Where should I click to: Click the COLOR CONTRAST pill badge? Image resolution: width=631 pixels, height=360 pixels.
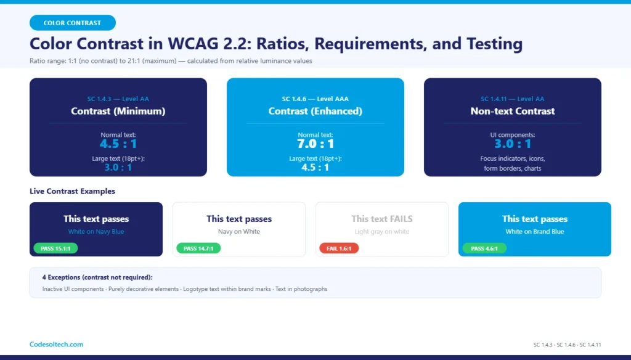point(72,23)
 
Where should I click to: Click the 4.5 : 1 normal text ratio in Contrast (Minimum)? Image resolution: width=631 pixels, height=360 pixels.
point(118,144)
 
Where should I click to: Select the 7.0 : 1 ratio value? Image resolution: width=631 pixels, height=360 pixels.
point(315,144)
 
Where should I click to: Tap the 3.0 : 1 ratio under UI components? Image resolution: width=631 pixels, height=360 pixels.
point(512,144)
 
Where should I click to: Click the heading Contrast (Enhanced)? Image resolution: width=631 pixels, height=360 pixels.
point(315,112)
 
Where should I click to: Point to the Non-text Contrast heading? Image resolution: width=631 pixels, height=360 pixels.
point(512,112)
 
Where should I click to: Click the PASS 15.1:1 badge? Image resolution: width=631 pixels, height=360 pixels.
point(55,248)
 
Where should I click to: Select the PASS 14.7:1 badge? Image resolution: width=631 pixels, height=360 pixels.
point(198,248)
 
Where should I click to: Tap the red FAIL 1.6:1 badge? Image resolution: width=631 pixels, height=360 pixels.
point(339,248)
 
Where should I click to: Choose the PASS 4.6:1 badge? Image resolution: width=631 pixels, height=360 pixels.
point(484,248)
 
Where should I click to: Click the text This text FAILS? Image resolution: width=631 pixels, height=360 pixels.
point(382,219)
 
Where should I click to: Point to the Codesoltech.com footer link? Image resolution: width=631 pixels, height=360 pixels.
point(56,345)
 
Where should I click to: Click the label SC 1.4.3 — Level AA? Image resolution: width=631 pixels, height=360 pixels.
point(118,99)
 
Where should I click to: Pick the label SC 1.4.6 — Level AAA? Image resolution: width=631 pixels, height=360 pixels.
point(315,99)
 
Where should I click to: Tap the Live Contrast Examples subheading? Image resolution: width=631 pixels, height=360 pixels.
point(72,191)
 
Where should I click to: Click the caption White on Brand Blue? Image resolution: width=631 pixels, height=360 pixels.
point(534,232)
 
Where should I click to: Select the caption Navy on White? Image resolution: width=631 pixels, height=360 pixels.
point(239,232)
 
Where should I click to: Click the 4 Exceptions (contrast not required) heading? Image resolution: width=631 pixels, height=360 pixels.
point(97,277)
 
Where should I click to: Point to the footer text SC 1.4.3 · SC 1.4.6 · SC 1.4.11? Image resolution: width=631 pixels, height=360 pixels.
point(567,345)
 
